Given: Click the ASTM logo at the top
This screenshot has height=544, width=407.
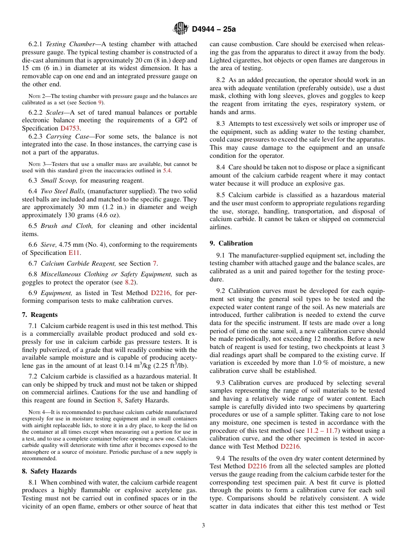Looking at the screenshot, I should [180, 29].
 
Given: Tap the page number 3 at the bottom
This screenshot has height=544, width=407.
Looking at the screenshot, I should [203, 525].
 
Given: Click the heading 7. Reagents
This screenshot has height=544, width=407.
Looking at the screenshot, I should [39, 315].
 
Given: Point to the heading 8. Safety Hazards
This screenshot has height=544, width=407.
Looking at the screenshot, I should [49, 471].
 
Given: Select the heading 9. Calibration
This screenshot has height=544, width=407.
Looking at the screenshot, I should [231, 243].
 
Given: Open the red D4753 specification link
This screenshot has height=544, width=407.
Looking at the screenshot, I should [70, 128].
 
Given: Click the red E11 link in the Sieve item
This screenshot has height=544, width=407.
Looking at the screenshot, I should [74, 253].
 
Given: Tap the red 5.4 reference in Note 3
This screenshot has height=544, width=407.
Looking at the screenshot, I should [167, 171].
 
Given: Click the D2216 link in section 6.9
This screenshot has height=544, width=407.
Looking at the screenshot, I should [160, 293].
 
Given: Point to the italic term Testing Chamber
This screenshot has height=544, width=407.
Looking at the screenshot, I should [70, 44].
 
